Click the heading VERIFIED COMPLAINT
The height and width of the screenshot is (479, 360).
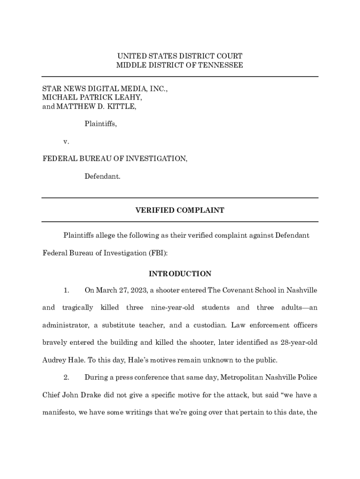[180, 210]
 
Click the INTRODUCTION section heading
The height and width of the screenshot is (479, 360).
[180, 274]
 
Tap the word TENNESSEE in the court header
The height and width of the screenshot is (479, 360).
[222, 65]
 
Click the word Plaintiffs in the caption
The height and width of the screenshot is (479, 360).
[101, 124]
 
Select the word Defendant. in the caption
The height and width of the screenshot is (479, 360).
[102, 176]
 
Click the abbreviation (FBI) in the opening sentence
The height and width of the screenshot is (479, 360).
[158, 253]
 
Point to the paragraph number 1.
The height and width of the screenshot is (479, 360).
[66, 290]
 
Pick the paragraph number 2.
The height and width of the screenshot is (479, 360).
[66, 377]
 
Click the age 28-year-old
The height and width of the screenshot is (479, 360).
[295, 342]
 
